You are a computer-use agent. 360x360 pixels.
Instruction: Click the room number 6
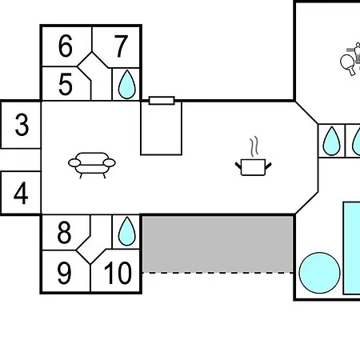coord(66,46)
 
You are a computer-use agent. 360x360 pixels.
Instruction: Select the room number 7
coord(121,46)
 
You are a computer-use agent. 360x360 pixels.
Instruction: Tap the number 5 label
coord(66,85)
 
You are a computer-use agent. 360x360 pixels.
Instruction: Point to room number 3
coord(22,125)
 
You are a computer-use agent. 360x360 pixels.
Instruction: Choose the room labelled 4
coord(21,193)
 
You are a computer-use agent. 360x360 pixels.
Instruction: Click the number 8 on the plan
coord(64,233)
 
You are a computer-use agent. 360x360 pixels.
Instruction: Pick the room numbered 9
coord(64,273)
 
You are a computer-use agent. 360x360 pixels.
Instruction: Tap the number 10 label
coord(118,273)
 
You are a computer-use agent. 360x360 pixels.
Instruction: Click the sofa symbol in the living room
coord(92,165)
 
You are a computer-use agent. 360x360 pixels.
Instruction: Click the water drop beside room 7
coord(126,85)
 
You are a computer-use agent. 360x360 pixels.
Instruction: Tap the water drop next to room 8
coord(126,231)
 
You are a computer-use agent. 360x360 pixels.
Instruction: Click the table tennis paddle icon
coord(348,65)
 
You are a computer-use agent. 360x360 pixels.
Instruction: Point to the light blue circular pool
coord(319,273)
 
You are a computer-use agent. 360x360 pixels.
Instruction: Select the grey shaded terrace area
coord(218,244)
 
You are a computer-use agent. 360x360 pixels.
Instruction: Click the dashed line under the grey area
coord(218,273)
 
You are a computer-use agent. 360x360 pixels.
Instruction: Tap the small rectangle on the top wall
coord(162,101)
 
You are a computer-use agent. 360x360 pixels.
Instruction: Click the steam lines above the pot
coord(254,146)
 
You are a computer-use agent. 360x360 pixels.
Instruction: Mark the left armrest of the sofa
coord(74,162)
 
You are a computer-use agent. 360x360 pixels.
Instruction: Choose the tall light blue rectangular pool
coord(352,248)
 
